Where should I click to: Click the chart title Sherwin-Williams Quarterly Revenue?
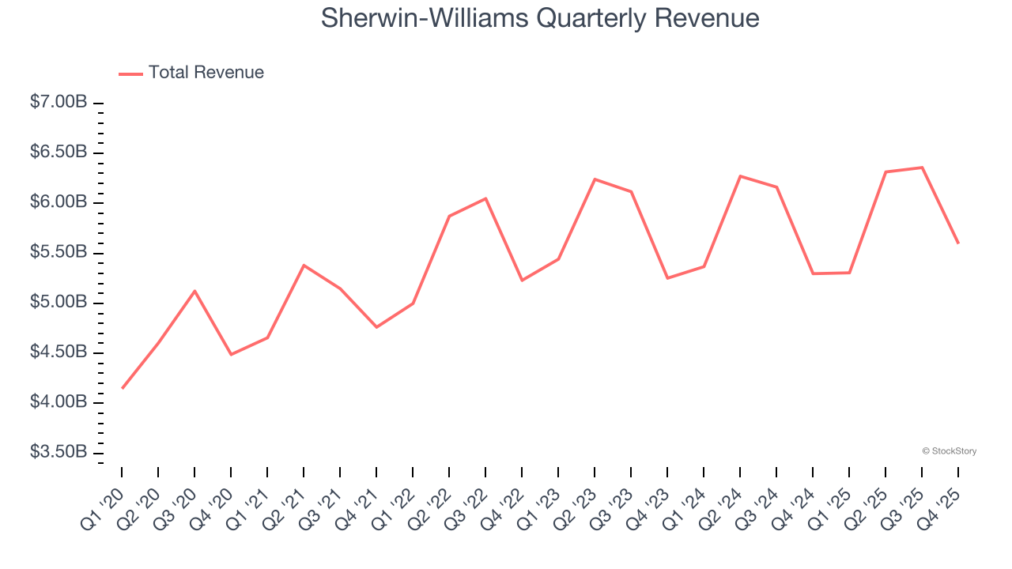click(540, 18)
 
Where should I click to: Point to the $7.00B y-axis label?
click(59, 103)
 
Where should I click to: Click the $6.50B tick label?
click(59, 153)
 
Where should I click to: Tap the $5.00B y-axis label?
click(59, 303)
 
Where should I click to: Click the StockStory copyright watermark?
click(949, 451)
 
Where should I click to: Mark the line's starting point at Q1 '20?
click(122, 388)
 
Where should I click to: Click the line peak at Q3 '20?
click(194, 291)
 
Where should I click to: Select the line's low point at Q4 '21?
click(376, 327)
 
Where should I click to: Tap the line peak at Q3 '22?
click(485, 198)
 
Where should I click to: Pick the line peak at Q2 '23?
click(595, 179)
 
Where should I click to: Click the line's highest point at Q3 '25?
click(922, 168)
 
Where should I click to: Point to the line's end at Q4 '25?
click(958, 243)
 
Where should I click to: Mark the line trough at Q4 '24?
click(813, 273)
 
